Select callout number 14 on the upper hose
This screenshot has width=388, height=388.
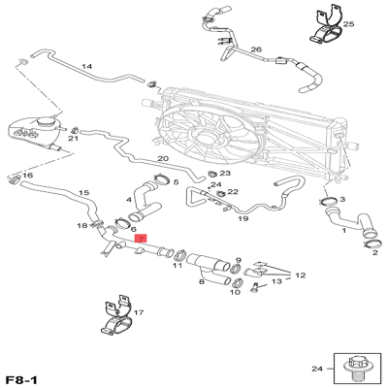tap(86, 67)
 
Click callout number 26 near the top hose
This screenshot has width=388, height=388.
tap(256, 49)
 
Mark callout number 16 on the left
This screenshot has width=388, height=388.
tap(27, 176)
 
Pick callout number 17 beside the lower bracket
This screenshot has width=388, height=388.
tap(139, 313)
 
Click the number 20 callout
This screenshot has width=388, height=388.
tap(163, 159)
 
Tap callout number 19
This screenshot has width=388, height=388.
tap(242, 220)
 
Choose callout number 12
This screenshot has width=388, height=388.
tap(300, 275)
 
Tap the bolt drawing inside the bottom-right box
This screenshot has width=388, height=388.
tap(354, 368)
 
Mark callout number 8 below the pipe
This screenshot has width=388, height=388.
tap(201, 281)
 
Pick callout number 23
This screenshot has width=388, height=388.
tap(224, 174)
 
